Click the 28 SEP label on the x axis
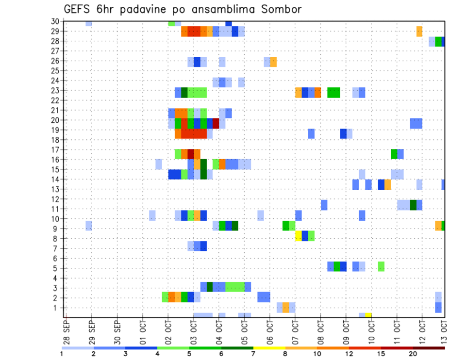pyautogui.click(x=66, y=332)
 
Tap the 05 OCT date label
pyautogui.click(x=244, y=332)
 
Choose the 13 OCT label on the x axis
pyautogui.click(x=444, y=332)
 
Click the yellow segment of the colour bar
pyautogui.click(x=269, y=348)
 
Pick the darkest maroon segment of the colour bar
pyautogui.click(x=429, y=348)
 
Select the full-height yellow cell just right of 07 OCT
pyautogui.click(x=299, y=236)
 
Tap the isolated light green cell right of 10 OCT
pyautogui.click(x=381, y=266)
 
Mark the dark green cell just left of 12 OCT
pyautogui.click(x=413, y=205)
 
